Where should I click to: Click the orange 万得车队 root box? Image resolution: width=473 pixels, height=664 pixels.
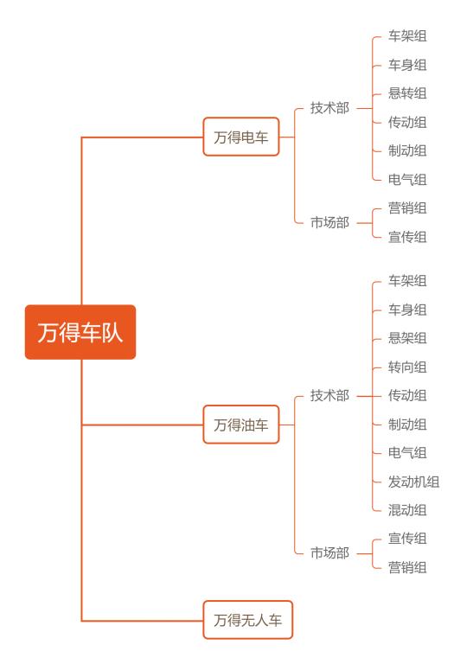[80, 332]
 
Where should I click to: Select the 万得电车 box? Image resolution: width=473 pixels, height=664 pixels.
[241, 137]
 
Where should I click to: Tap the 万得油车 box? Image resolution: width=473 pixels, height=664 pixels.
[241, 425]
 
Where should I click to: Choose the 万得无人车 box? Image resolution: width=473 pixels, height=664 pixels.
[247, 620]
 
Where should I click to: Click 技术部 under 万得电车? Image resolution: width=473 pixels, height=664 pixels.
[329, 108]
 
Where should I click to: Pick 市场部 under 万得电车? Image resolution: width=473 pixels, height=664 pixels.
[329, 222]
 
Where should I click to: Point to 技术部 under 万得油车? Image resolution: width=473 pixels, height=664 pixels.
[329, 395]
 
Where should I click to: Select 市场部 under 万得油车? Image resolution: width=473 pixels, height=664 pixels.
[329, 552]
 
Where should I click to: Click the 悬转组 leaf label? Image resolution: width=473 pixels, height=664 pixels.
[407, 93]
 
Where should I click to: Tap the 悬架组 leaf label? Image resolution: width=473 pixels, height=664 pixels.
[407, 338]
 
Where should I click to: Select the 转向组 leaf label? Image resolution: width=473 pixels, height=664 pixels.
[407, 367]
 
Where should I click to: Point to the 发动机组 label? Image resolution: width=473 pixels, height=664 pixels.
[413, 482]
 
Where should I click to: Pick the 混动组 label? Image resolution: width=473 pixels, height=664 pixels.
[407, 510]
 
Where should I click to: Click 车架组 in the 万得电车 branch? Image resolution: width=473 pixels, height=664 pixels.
[407, 36]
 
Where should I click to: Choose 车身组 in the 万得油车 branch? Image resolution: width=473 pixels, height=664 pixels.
[407, 310]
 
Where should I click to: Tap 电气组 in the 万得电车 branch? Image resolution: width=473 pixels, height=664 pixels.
[407, 180]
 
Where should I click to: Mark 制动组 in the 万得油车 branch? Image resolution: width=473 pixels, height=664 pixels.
[407, 425]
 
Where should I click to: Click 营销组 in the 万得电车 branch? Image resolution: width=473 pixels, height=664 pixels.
[407, 207]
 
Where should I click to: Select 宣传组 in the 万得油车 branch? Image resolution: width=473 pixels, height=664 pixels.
[407, 539]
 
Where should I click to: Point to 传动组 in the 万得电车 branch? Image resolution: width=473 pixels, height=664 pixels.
[407, 123]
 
